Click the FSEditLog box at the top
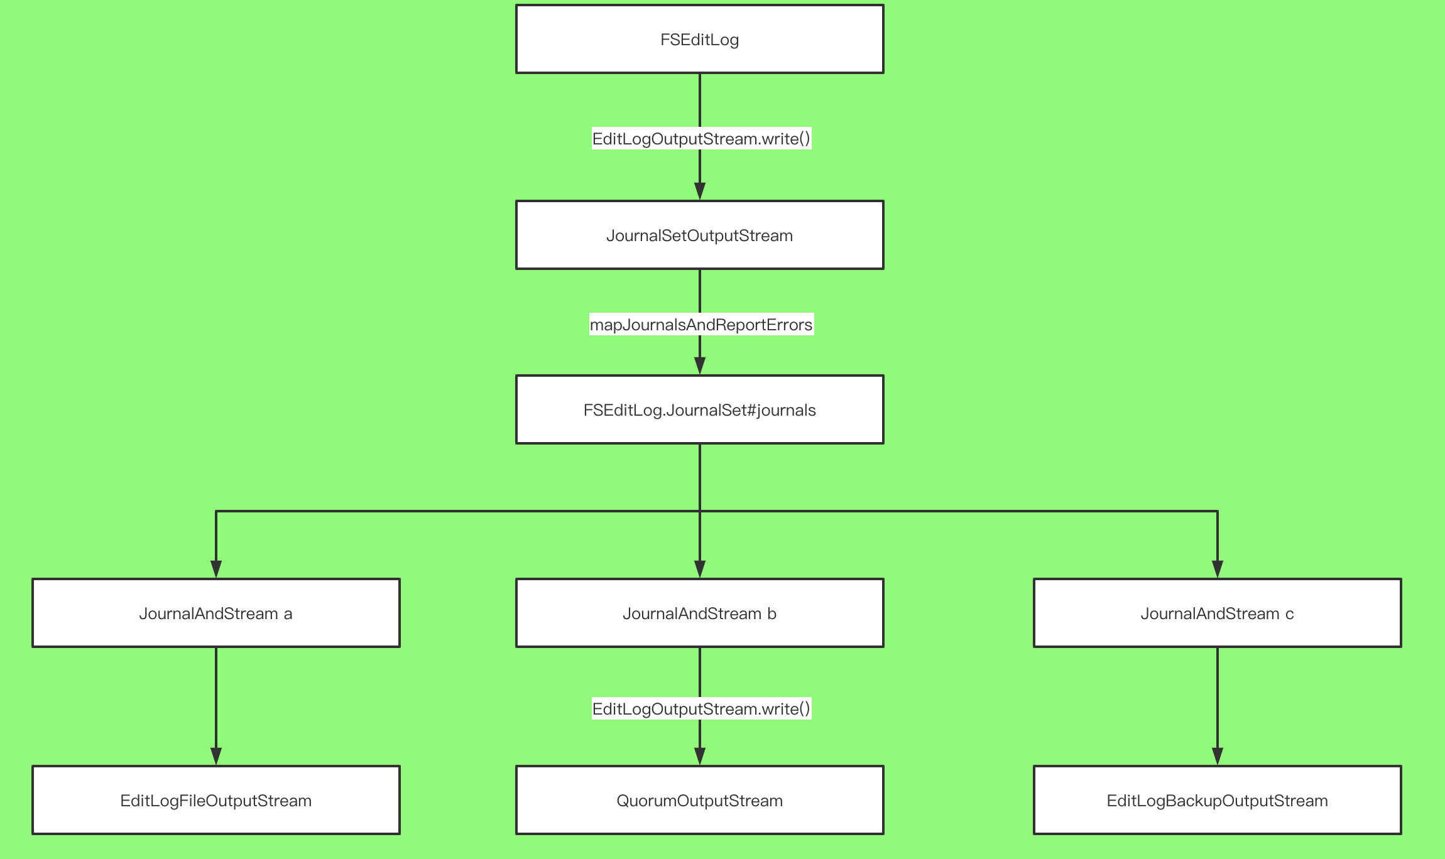point(699,39)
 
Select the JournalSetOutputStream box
point(699,235)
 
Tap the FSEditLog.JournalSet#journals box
point(699,409)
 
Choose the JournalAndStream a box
point(215,613)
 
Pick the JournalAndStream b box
point(699,613)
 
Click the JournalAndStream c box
point(1217,613)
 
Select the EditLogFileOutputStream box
point(215,800)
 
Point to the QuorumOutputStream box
point(699,800)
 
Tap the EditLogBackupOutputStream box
point(1217,800)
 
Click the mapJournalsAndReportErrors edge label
point(701,324)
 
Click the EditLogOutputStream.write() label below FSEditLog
point(701,138)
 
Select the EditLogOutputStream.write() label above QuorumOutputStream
point(701,708)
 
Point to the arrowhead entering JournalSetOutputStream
point(700,191)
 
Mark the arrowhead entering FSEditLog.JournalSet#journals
point(700,365)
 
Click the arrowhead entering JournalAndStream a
point(216,569)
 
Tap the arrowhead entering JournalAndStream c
point(1218,569)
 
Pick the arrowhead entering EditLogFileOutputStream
point(216,756)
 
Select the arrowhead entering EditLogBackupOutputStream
point(1218,756)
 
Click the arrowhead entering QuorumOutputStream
point(700,756)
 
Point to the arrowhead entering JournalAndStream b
point(700,569)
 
